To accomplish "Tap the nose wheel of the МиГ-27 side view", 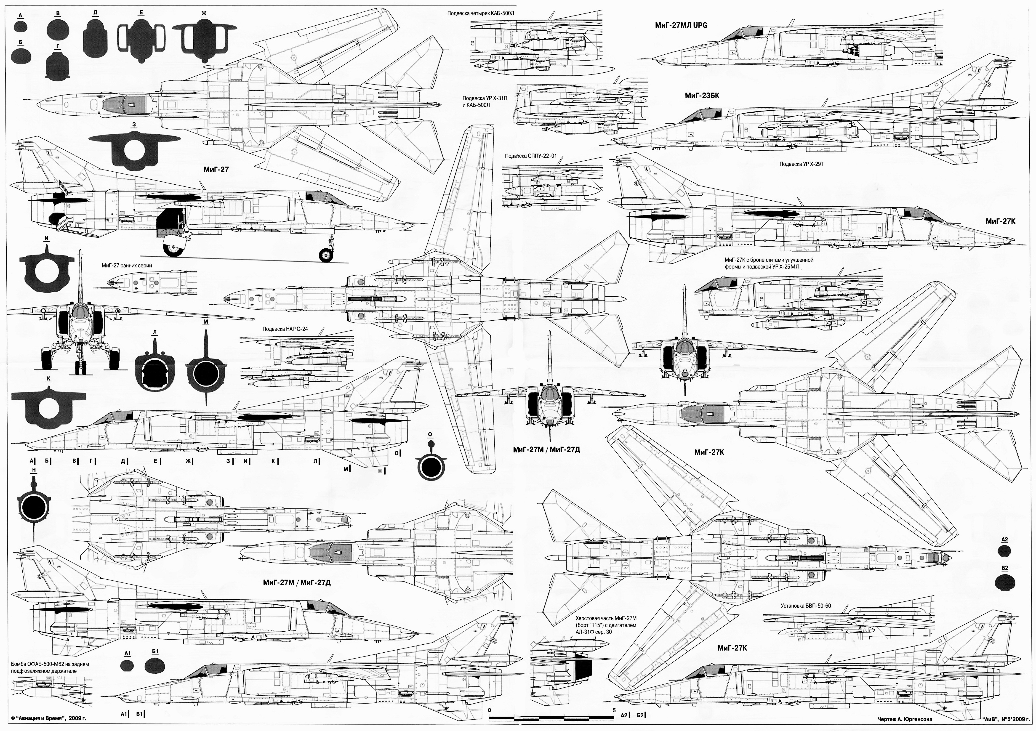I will [326, 255].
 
